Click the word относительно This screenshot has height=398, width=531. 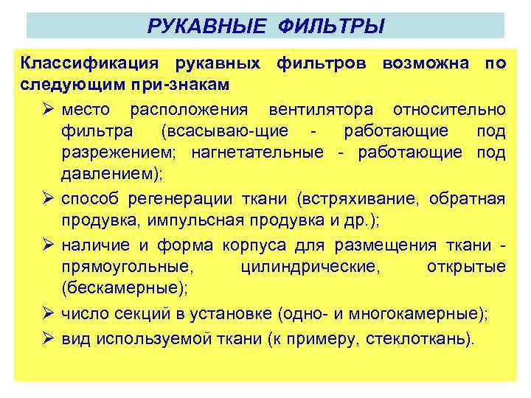point(449,110)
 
